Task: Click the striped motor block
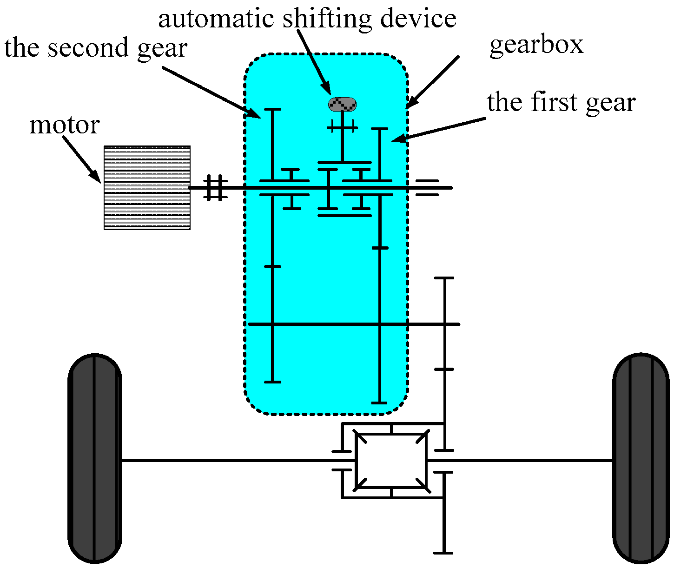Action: tap(147, 187)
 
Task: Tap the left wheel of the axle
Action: tap(95, 458)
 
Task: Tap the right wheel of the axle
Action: tap(641, 458)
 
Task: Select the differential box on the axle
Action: tap(391, 461)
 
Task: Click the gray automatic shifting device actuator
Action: tap(343, 104)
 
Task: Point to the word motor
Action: tap(64, 125)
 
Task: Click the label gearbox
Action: tap(536, 45)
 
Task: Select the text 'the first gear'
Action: tap(561, 102)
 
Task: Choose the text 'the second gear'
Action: tap(96, 48)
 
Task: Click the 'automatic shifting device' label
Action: tap(307, 19)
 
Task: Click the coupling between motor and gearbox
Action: tap(215, 188)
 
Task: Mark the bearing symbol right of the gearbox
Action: tap(427, 188)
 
